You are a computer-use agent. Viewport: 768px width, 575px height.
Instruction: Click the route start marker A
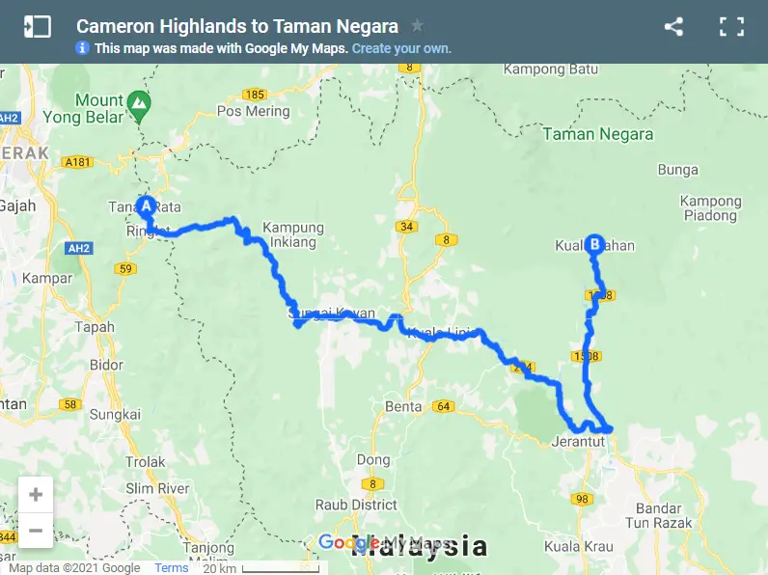point(146,205)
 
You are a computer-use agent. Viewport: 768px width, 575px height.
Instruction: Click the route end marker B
point(594,245)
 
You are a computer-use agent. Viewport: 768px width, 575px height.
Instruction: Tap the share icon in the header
point(673,27)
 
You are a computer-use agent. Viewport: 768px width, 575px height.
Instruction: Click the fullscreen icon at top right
point(732,27)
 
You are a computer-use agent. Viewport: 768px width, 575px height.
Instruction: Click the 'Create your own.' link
point(401,48)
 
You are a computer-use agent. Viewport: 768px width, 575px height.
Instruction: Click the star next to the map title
point(417,26)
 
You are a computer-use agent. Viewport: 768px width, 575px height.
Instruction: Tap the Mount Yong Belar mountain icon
point(141,100)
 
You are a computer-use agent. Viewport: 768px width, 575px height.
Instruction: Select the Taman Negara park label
point(598,134)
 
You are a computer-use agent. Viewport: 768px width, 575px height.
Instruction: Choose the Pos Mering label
point(254,111)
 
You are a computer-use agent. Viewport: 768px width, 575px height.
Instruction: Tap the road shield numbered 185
point(255,95)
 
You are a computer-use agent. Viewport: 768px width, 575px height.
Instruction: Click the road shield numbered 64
point(444,405)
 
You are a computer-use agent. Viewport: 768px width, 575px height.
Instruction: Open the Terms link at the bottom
point(172,568)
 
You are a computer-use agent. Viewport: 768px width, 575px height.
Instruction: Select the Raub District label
point(356,505)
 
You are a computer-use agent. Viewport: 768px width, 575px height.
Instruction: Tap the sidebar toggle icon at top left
point(37,27)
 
